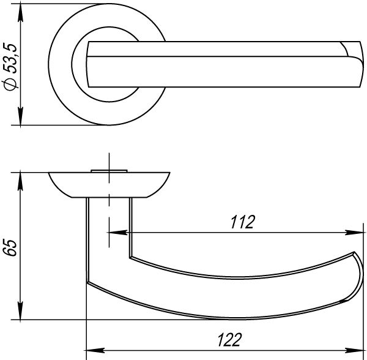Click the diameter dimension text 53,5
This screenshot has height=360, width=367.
click(11, 58)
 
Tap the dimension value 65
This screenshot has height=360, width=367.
click(10, 248)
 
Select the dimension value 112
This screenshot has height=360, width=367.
click(242, 222)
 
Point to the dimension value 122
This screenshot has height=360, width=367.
click(229, 340)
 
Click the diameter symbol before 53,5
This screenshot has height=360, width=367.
click(10, 84)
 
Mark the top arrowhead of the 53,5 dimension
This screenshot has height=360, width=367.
click(21, 13)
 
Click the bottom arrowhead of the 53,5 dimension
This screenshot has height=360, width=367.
click(21, 116)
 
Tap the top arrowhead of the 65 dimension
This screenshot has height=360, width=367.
click(21, 181)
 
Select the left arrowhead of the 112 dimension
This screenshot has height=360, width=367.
click(118, 233)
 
